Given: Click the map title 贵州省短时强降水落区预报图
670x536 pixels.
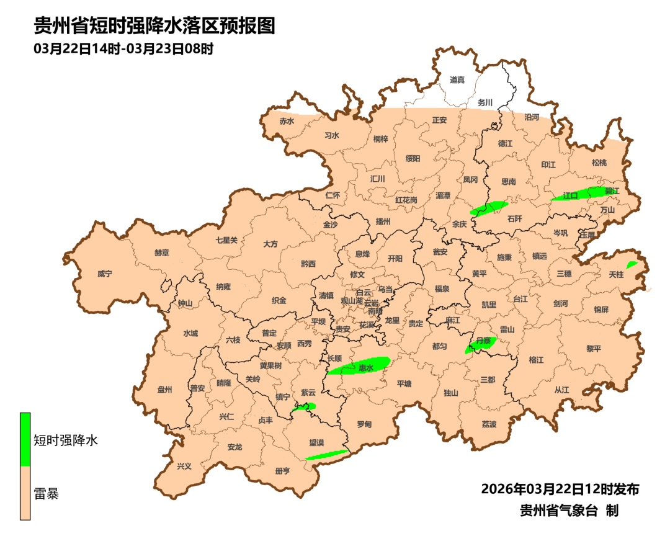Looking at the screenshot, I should coord(154,26).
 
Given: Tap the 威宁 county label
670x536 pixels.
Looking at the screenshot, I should coord(105,274).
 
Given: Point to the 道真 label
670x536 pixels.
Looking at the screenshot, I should coord(457,80).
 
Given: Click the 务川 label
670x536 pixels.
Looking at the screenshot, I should coord(485,102).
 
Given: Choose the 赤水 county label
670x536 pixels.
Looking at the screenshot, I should coord(286,122).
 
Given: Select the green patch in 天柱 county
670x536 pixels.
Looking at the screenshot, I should coord(632,265).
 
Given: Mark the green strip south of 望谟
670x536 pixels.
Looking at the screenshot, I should coord(327,455).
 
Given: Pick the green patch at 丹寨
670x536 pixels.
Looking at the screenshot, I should coord(480,344).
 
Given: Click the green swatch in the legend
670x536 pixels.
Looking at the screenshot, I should coord(25,439).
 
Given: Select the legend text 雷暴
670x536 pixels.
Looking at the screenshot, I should coord(47,494).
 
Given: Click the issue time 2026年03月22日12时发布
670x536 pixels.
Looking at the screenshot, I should coord(560,489).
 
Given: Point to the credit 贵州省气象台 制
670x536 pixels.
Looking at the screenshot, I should coord(569,511).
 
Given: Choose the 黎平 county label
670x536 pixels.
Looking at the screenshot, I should coord(594,349).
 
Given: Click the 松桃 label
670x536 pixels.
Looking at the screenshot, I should coord(599,163).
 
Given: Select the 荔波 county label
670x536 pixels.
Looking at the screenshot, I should coord(489,424).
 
